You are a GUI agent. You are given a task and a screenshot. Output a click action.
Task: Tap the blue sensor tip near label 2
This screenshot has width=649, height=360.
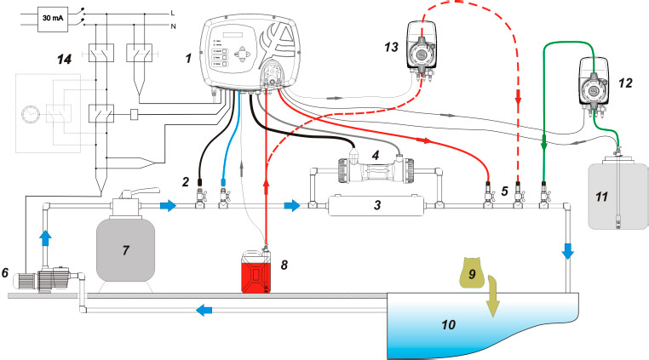[x=222, y=181]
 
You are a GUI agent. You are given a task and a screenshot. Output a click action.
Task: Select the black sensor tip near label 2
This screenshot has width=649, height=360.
[x=198, y=180]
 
